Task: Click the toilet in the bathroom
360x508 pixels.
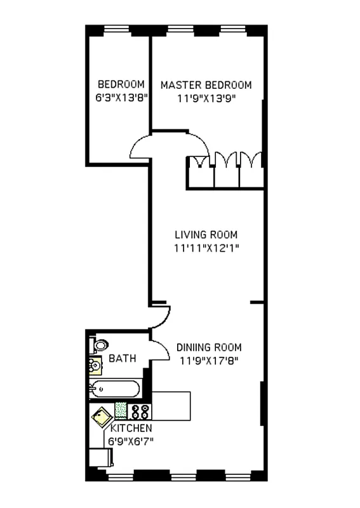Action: (x=100, y=346)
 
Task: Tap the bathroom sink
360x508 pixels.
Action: (x=95, y=366)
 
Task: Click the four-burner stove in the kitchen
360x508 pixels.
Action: (x=140, y=411)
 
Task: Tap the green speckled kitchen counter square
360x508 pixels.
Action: (x=121, y=411)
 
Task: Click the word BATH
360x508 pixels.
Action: (x=122, y=359)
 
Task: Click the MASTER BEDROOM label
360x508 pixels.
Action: (x=206, y=85)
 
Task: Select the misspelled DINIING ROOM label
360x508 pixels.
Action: (x=209, y=347)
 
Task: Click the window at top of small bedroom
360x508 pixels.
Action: (x=118, y=29)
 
